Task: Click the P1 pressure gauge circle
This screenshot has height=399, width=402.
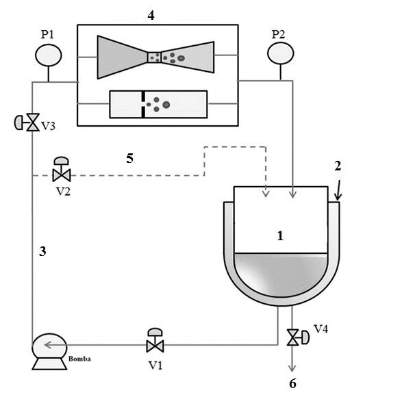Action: (49, 55)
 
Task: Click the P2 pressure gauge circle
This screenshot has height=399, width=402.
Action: (281, 53)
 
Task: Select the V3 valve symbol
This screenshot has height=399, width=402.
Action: (27, 123)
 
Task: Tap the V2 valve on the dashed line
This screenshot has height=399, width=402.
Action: (61, 170)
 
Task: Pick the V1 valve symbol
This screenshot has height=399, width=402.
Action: (155, 340)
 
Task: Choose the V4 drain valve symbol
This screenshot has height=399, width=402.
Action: (298, 337)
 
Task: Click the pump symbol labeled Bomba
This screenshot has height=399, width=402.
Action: (49, 352)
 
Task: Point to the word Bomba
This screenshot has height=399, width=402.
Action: (79, 359)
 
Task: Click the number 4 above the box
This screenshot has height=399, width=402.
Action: (151, 15)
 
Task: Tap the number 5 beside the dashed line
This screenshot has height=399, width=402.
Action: (129, 158)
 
